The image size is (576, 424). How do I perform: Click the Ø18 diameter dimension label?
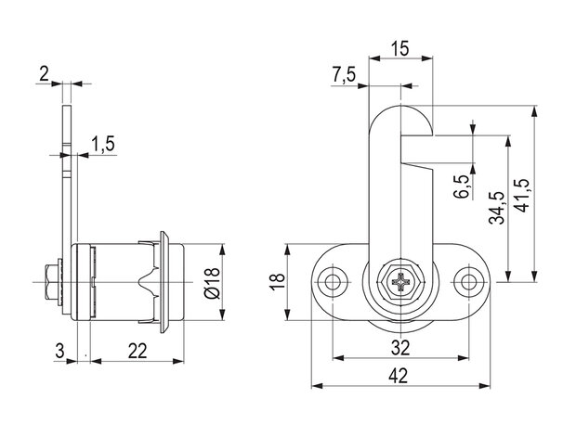(x=213, y=283)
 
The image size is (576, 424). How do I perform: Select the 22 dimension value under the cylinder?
(x=137, y=351)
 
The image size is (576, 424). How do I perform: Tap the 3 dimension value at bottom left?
(x=59, y=351)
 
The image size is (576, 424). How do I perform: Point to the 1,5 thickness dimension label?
(x=103, y=144)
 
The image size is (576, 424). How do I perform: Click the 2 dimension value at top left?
(x=44, y=74)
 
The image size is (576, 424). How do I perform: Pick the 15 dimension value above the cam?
(x=399, y=49)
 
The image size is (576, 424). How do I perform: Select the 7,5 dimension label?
(x=344, y=75)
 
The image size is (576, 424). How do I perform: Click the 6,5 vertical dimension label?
(x=462, y=186)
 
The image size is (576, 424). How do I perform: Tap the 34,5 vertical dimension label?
(x=497, y=208)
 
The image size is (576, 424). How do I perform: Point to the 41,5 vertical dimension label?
(x=521, y=196)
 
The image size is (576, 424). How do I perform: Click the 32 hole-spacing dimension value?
(x=400, y=347)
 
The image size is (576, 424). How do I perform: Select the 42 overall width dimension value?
(x=399, y=377)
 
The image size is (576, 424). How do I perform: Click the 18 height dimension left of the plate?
(x=278, y=282)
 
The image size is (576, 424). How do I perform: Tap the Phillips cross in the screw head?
(x=400, y=282)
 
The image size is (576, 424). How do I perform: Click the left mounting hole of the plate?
(x=333, y=282)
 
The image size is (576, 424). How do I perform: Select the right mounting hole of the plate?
(x=468, y=282)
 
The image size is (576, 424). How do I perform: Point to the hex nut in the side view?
(x=51, y=282)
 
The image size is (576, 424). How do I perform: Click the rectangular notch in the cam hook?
(x=417, y=149)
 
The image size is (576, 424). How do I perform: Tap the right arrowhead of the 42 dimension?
(x=485, y=386)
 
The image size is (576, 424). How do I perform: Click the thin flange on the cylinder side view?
(x=164, y=282)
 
